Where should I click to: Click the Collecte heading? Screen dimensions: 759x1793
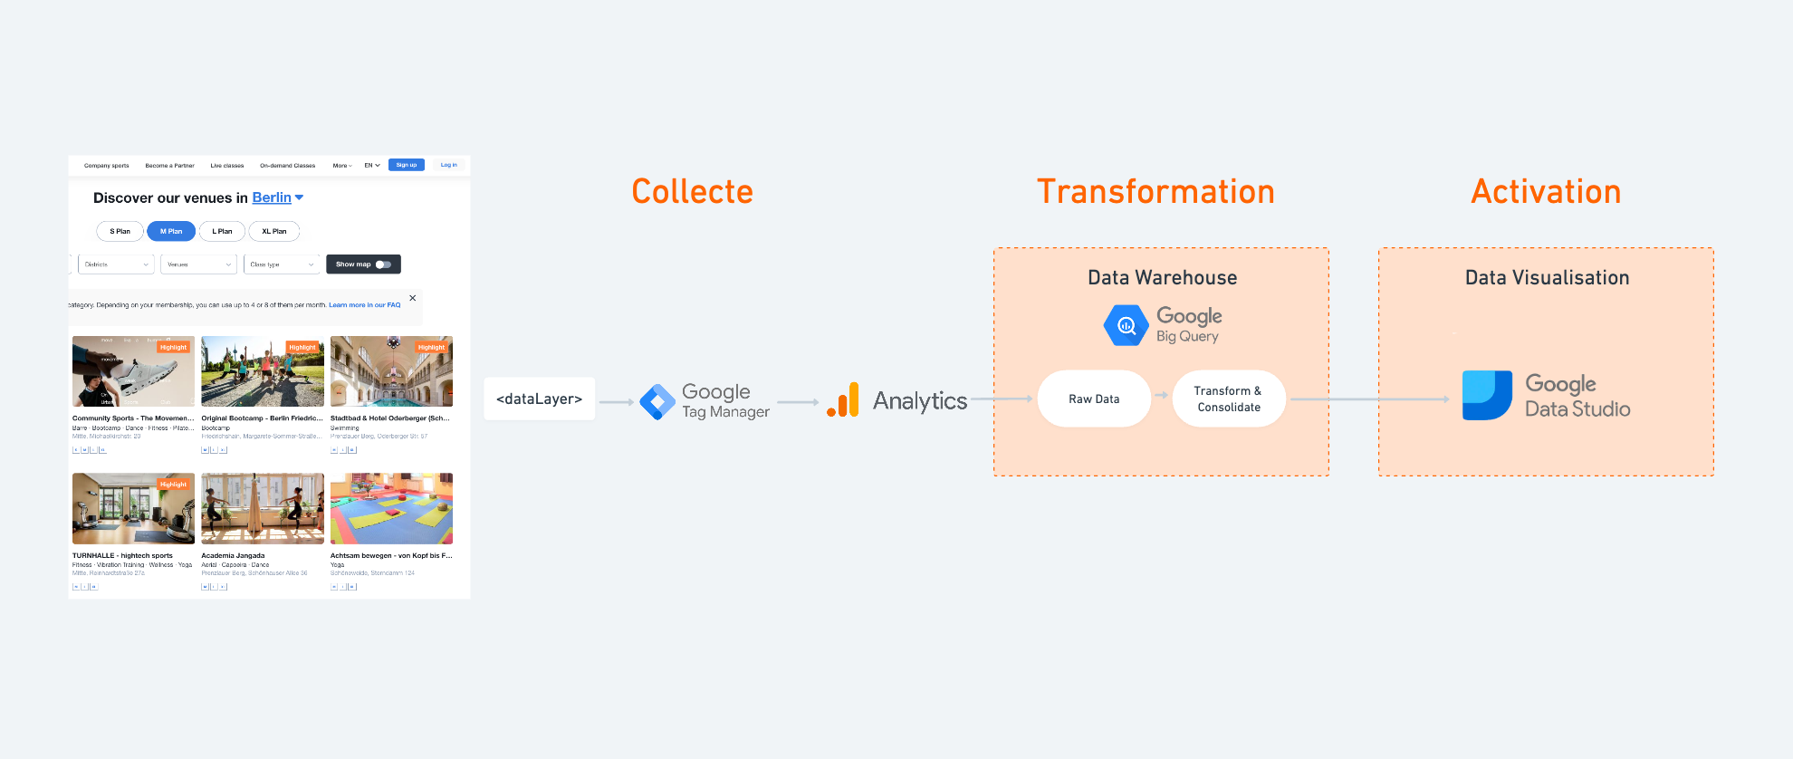click(692, 192)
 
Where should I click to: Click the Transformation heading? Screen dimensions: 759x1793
click(1155, 192)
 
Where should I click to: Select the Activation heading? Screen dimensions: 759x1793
click(1546, 192)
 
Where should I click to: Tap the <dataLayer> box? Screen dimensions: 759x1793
click(539, 399)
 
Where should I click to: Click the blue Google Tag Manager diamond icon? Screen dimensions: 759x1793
click(657, 401)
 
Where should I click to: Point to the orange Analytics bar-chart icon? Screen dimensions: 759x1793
click(843, 400)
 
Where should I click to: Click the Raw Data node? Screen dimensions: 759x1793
click(1094, 399)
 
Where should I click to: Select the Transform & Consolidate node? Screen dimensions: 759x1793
click(1228, 399)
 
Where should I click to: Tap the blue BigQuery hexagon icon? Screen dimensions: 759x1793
click(1126, 325)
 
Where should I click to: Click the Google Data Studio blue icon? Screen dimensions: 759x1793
click(1487, 396)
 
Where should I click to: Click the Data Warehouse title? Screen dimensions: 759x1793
click(1162, 278)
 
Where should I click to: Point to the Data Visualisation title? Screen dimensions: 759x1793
click(1547, 278)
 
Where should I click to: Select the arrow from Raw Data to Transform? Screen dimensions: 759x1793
click(1161, 395)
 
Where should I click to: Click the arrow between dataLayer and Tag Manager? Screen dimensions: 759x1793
click(617, 402)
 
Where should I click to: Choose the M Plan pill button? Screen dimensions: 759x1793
click(171, 231)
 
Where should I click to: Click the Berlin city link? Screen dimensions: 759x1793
click(272, 197)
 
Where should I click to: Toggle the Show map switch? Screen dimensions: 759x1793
click(383, 264)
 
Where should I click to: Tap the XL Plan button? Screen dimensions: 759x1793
click(273, 231)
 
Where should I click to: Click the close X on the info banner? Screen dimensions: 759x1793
click(413, 298)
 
